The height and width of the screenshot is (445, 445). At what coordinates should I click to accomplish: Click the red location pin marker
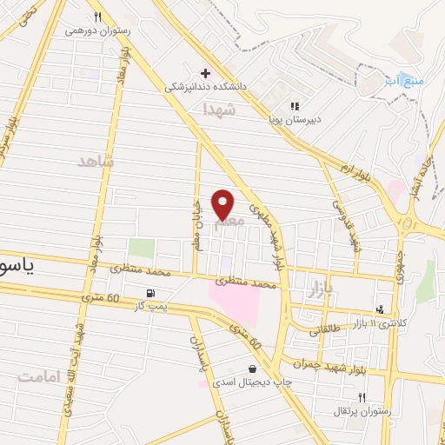pos(223,204)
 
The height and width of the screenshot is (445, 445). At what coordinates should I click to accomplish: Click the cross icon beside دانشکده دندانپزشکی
pos(204,73)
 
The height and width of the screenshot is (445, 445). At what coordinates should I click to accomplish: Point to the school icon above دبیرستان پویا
pos(295,106)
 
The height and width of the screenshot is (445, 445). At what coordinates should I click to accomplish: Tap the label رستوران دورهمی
pos(97,30)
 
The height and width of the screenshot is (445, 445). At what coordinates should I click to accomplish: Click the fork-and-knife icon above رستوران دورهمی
pos(97,17)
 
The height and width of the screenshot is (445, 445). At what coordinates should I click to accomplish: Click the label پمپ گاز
pos(149,306)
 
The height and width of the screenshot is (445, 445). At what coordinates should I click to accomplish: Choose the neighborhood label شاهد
pos(96,162)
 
